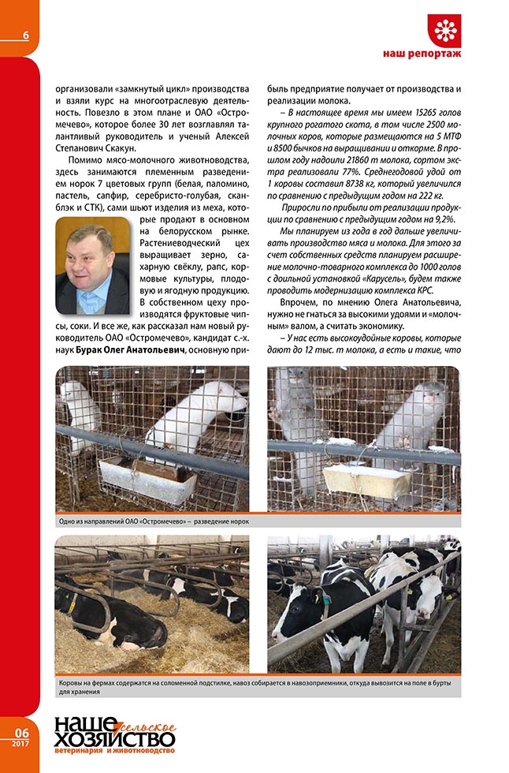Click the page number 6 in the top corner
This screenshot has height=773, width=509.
point(26,35)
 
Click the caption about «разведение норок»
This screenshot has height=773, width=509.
point(154,521)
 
